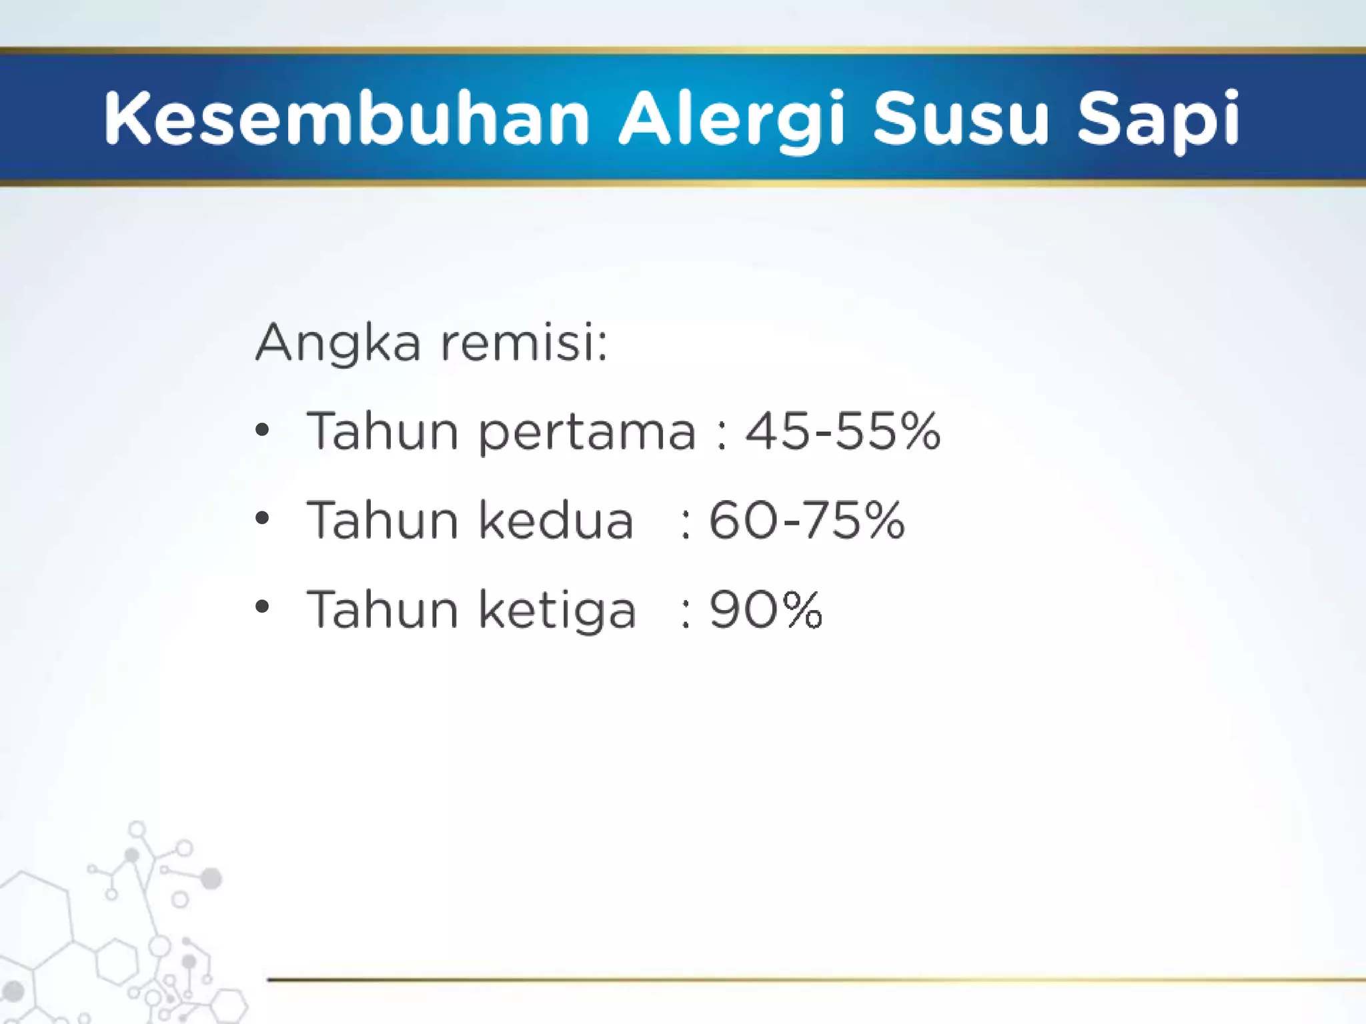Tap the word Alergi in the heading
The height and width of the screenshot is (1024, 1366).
(732, 118)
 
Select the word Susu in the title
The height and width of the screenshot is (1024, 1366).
(960, 118)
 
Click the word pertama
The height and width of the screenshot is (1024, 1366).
(588, 432)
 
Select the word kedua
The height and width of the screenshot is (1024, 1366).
(556, 521)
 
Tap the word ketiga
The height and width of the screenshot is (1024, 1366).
(558, 609)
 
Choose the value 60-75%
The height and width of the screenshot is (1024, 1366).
(806, 520)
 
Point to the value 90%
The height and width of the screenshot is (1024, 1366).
(766, 609)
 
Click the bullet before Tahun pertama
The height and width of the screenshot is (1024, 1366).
(263, 430)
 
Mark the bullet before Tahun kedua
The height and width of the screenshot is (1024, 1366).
(263, 518)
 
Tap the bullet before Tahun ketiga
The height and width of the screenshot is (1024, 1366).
(263, 607)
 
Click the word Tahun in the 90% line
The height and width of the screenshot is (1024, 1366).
(382, 609)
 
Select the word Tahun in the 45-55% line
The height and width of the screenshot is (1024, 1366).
(382, 431)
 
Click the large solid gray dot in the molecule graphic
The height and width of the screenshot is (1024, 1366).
(211, 878)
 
